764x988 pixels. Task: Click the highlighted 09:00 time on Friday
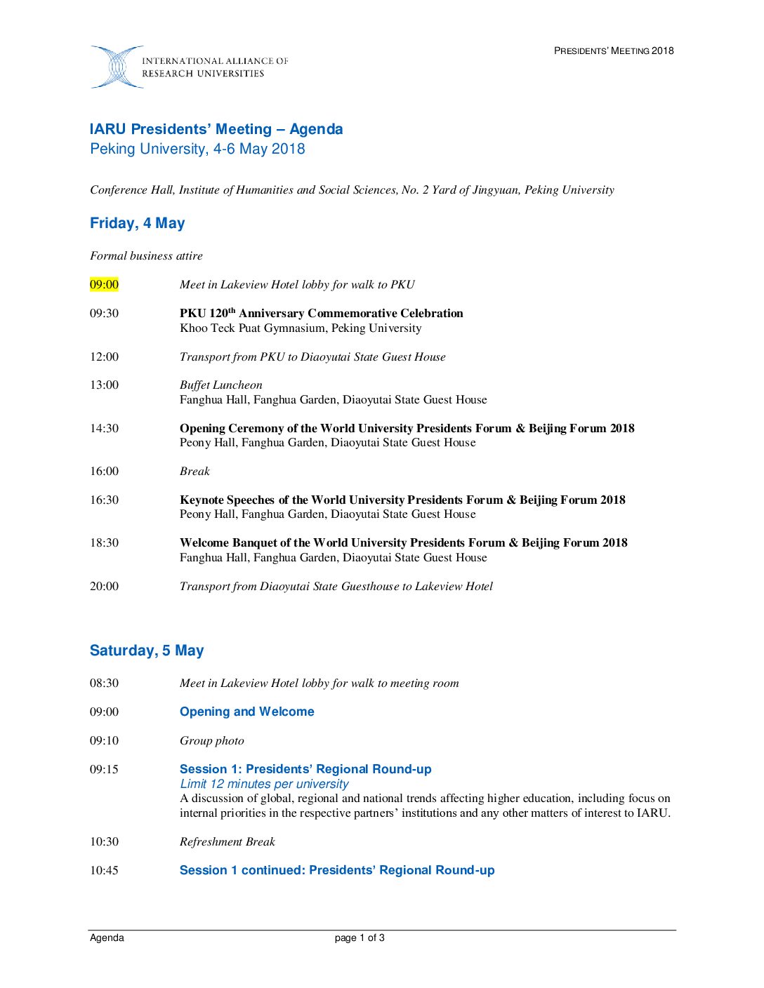[104, 284]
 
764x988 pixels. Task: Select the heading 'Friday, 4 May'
[137, 223]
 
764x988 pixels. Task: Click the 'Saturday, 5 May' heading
[147, 650]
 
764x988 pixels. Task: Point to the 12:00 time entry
[104, 356]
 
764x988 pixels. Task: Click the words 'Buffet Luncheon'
[220, 385]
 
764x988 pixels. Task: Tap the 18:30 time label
[104, 542]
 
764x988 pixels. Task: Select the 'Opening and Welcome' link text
[246, 712]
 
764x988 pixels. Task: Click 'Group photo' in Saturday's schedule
[211, 740]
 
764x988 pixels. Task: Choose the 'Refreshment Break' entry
[227, 841]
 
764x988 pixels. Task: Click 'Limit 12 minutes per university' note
[264, 784]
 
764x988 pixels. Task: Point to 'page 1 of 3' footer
[360, 938]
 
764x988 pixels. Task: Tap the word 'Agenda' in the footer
[107, 938]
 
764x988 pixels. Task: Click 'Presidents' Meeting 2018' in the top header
[614, 51]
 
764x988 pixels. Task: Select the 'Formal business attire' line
[146, 255]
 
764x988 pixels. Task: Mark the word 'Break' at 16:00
[195, 471]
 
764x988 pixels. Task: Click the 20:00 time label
[104, 586]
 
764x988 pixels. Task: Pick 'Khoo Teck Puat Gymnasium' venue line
[301, 328]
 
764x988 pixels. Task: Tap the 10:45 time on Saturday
[104, 870]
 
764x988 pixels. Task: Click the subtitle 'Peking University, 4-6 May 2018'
[197, 149]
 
